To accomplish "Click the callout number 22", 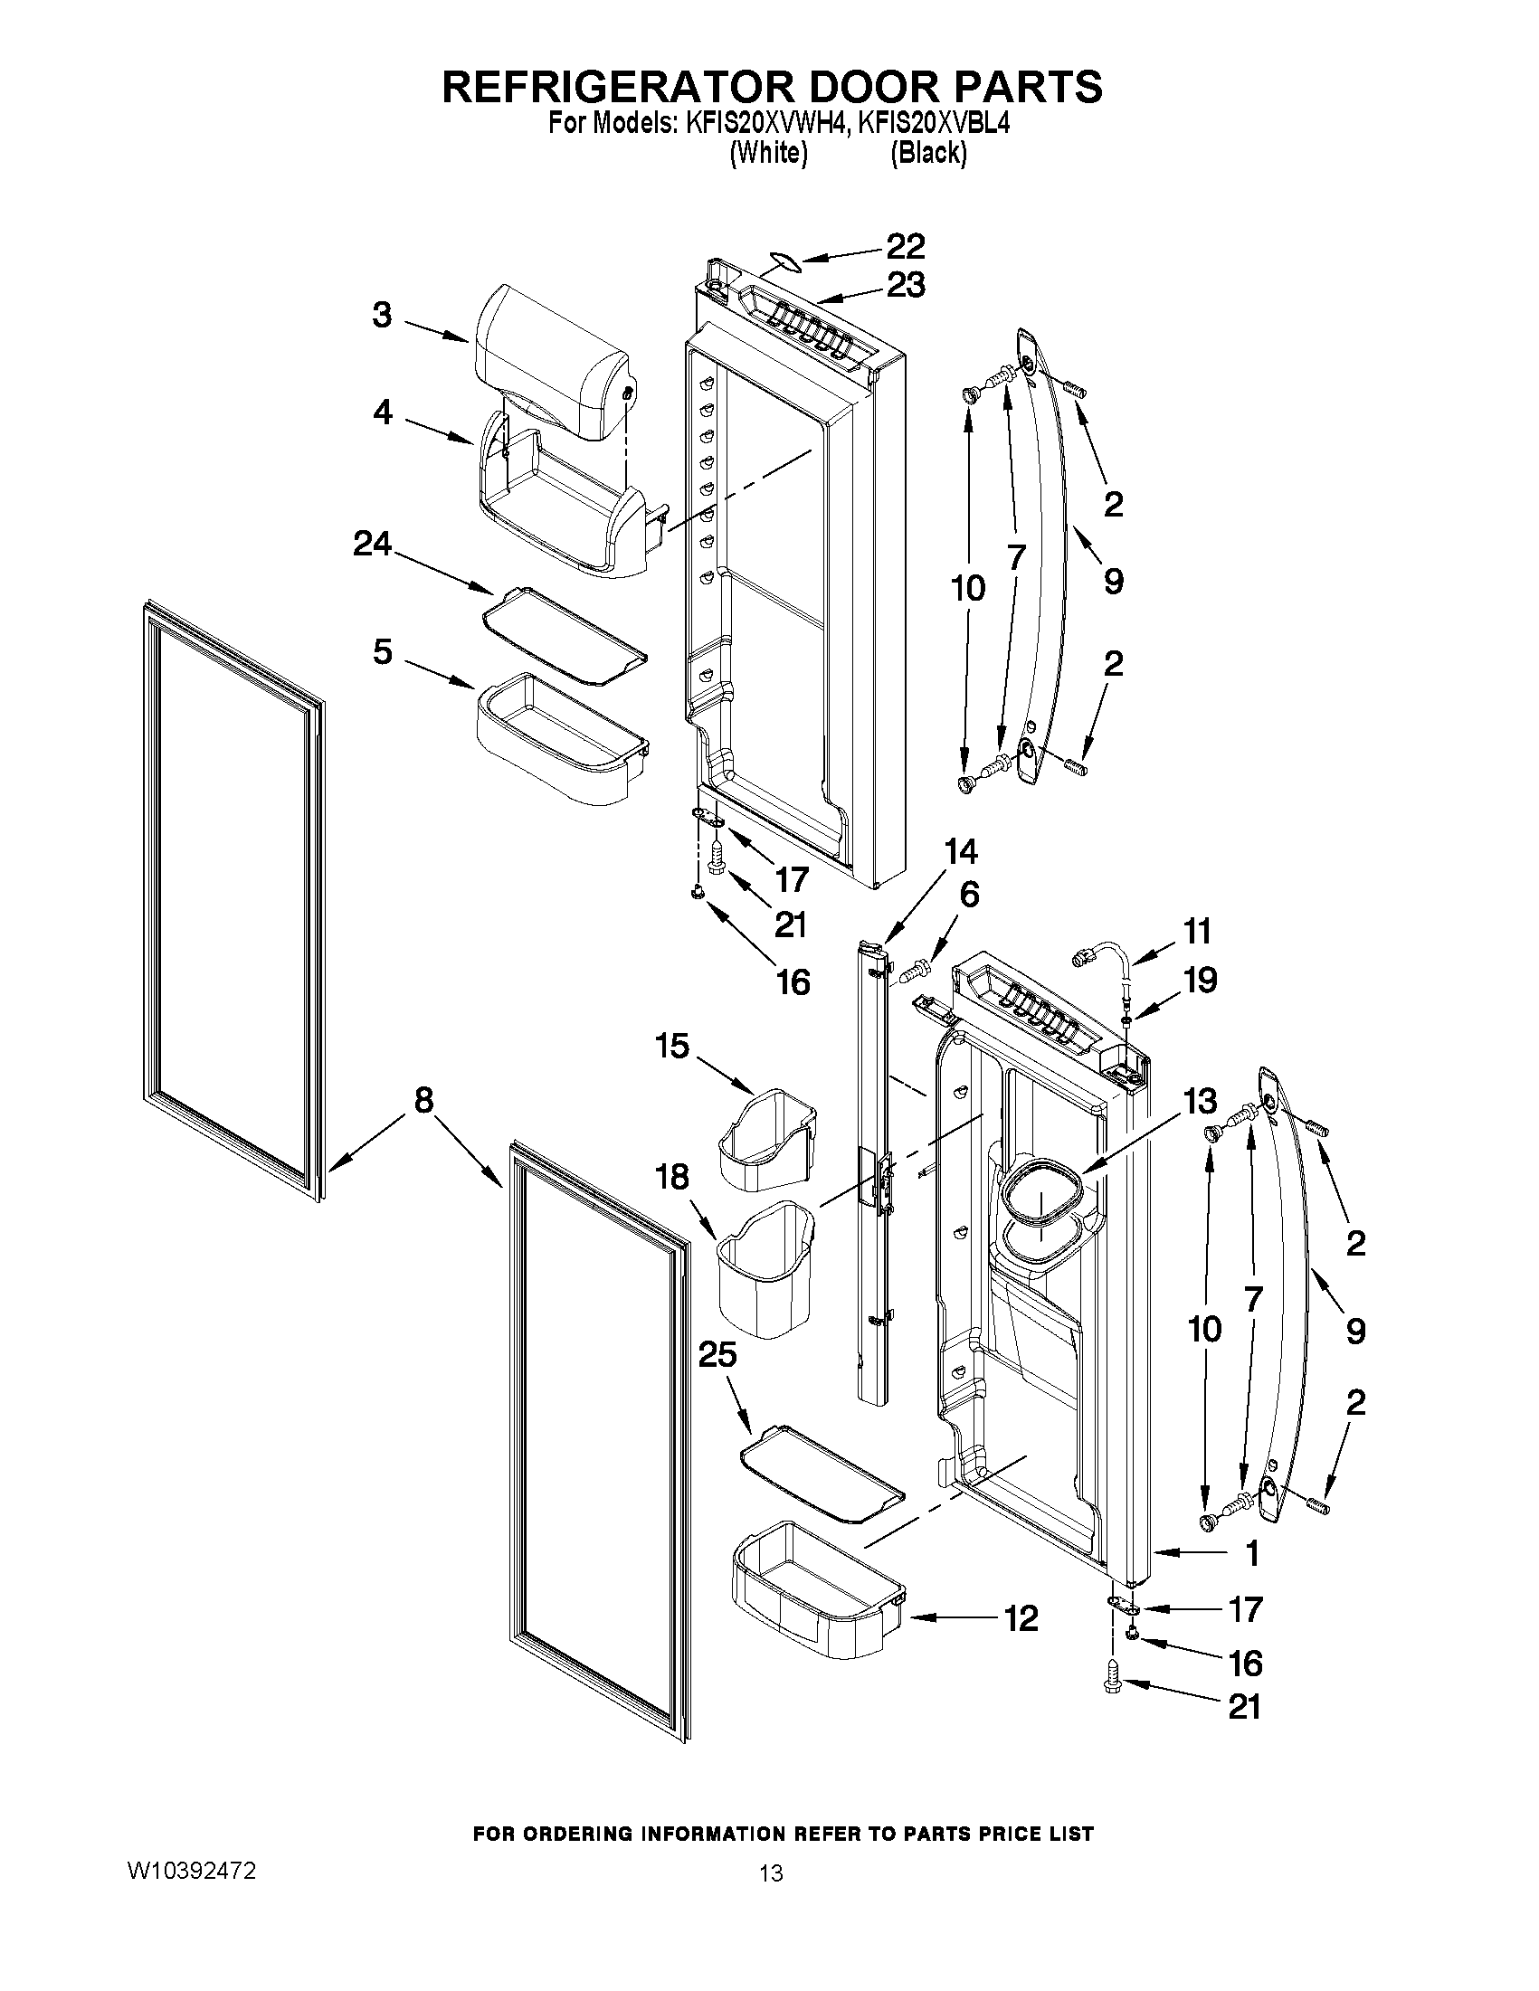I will click(x=905, y=246).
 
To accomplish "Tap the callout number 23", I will click(x=905, y=286).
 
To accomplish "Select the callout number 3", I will click(x=382, y=316).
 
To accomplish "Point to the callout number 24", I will click(x=372, y=545).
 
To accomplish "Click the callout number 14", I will click(x=961, y=851).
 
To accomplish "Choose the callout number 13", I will click(x=1200, y=1101).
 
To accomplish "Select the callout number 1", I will click(x=1253, y=1553).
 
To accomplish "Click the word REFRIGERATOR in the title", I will click(x=618, y=87).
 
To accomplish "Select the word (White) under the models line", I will click(x=768, y=153).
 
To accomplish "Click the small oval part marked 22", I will click(x=784, y=262).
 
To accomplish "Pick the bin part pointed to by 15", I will click(x=767, y=1142).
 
